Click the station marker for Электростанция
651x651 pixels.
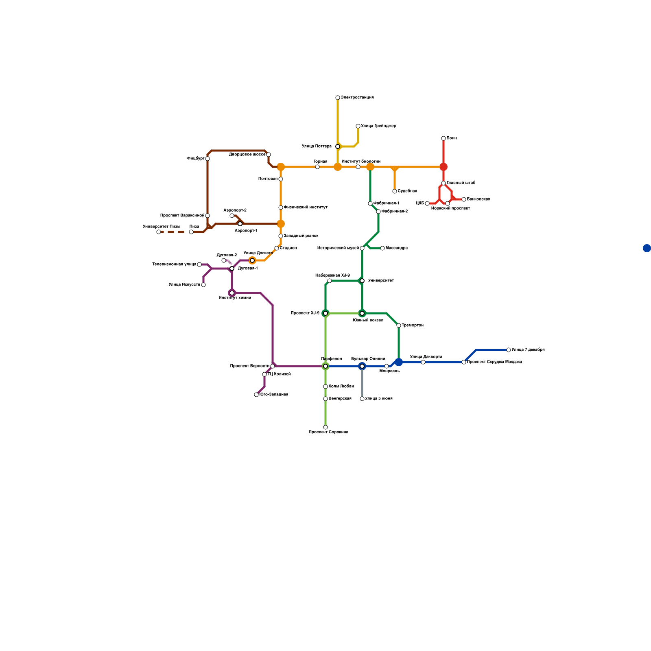[x=338, y=98]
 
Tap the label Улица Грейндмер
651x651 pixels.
[x=378, y=126]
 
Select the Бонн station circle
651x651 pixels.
[x=443, y=138]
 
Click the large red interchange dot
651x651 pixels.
[x=443, y=167]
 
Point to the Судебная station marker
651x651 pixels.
[x=395, y=191]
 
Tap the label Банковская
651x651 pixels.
[x=478, y=199]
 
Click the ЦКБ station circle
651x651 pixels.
[x=427, y=203]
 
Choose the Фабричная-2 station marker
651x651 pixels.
[x=378, y=212]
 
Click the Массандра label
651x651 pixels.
[x=396, y=248]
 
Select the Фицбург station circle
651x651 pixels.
[x=208, y=159]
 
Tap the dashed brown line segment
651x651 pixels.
[x=173, y=232]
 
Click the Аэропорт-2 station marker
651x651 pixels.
[x=232, y=216]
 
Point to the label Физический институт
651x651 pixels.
[x=306, y=208]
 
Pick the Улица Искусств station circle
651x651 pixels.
[x=203, y=285]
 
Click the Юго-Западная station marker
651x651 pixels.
[x=256, y=395]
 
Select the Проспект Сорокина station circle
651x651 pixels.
[x=325, y=427]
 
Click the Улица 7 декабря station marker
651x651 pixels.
[x=509, y=350]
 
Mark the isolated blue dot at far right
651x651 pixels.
[x=647, y=248]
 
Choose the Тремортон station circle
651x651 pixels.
[x=399, y=325]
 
